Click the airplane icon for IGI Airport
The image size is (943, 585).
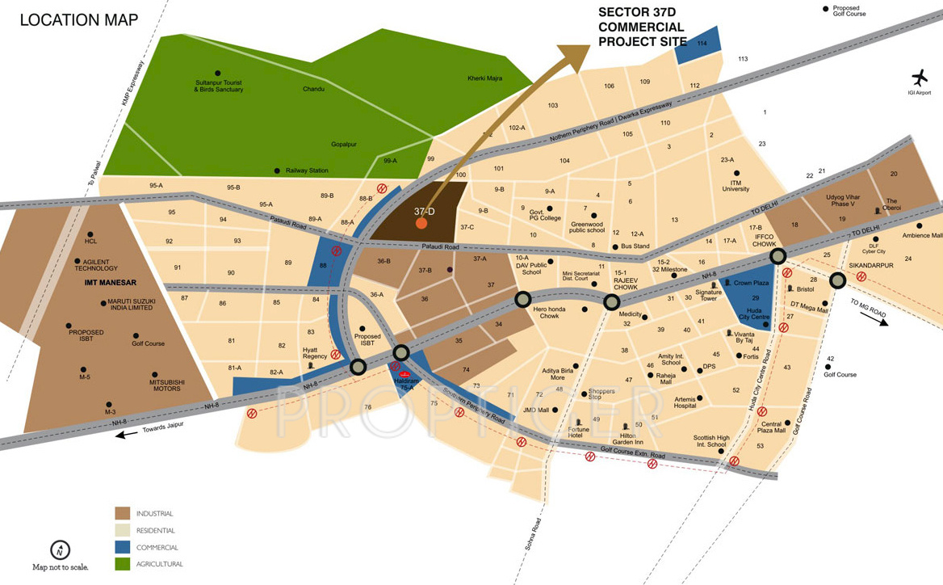click(x=920, y=78)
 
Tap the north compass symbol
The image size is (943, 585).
click(x=60, y=550)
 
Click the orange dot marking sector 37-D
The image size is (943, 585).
click(x=421, y=223)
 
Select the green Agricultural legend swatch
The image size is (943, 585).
click(x=123, y=564)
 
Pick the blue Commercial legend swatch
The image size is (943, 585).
click(x=123, y=547)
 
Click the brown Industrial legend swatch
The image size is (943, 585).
click(x=123, y=514)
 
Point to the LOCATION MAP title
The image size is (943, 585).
click(x=78, y=20)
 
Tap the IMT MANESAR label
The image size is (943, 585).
click(x=111, y=283)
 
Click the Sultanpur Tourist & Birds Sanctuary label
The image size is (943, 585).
click(x=218, y=86)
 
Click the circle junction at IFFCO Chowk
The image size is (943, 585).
click(x=777, y=256)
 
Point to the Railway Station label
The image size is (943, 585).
click(x=307, y=170)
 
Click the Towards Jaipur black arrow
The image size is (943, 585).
click(x=126, y=435)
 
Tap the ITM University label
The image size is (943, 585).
click(x=736, y=186)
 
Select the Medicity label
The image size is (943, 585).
click(x=630, y=314)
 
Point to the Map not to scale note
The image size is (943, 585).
click(x=61, y=567)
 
